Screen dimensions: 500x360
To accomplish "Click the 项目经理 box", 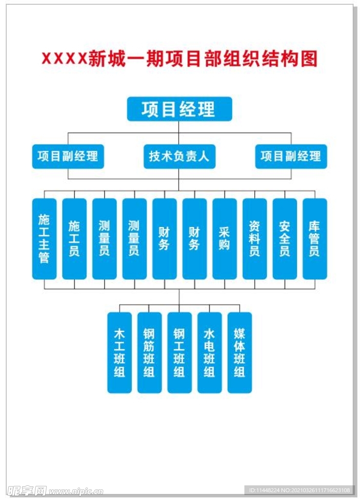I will click(x=179, y=109).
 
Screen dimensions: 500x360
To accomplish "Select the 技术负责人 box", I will click(x=179, y=156).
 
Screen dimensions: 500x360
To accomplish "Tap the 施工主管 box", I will click(x=44, y=238).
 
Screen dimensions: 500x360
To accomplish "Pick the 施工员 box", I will click(x=74, y=238).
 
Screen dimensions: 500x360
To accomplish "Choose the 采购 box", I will click(x=224, y=238).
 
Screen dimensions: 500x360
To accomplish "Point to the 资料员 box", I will click(x=255, y=238).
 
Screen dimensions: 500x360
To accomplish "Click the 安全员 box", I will click(x=285, y=238).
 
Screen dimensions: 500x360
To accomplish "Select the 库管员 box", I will click(x=315, y=238).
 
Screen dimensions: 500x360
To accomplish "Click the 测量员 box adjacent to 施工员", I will click(x=104, y=238).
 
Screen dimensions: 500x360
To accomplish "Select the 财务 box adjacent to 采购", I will click(x=195, y=238).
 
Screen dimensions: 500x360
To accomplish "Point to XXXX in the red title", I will click(x=64, y=59).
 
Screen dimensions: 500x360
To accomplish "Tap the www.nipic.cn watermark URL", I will click(x=76, y=490).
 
